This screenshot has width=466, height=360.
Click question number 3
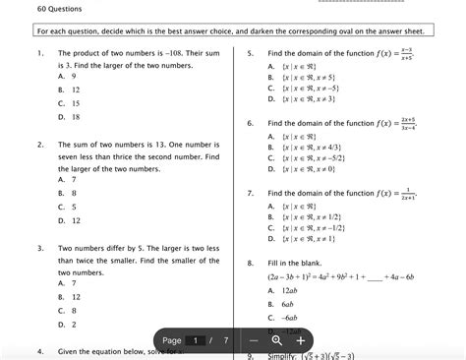[x=38, y=249]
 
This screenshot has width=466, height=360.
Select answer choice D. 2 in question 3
[x=67, y=324]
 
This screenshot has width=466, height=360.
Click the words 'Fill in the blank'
[x=295, y=264]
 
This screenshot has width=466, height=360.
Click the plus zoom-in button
[x=300, y=340]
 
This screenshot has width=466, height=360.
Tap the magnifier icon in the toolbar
[x=277, y=340]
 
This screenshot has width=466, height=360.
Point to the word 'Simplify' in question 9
[x=284, y=355]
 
